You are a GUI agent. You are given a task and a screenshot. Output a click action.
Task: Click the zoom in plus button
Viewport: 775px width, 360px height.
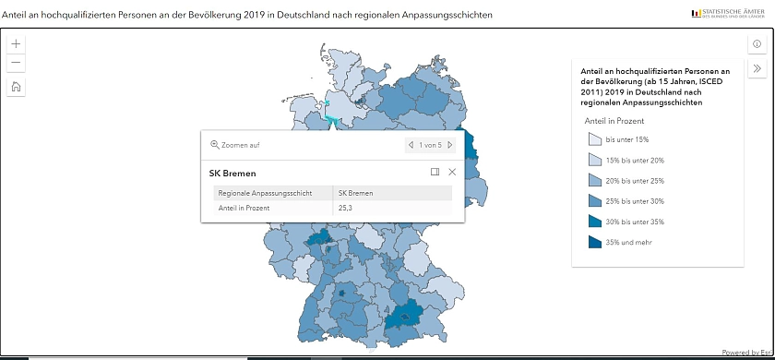pos(17,43)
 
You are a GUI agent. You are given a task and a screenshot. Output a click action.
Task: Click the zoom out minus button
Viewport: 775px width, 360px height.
pos(17,63)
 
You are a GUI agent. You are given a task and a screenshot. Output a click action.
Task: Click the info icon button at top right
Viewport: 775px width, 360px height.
pos(757,44)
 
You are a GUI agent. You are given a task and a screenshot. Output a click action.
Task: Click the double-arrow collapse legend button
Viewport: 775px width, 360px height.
pos(757,68)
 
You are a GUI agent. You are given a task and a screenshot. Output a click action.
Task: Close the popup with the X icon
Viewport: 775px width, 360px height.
pos(452,172)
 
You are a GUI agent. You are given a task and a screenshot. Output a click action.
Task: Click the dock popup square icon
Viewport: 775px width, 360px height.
pos(435,172)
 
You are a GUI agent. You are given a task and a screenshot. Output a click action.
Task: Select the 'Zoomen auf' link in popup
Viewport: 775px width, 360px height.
pos(235,145)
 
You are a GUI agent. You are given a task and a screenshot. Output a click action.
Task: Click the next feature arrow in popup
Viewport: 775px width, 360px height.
pos(450,145)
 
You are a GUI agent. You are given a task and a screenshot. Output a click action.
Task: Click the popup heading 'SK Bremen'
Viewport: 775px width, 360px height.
pos(232,173)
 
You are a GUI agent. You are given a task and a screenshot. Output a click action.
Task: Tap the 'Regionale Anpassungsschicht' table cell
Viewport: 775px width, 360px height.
pos(264,193)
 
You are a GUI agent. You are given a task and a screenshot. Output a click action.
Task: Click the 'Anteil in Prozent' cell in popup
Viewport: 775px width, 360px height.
pos(244,209)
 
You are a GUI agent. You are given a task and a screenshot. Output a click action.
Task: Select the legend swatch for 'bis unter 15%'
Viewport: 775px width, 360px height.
pos(594,139)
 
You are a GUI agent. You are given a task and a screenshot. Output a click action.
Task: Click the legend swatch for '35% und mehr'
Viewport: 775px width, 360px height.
pos(594,242)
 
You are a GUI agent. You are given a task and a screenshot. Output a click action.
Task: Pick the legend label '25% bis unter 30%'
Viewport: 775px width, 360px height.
pos(635,201)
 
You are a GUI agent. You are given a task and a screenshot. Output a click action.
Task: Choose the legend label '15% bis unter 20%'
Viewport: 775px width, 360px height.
pos(635,161)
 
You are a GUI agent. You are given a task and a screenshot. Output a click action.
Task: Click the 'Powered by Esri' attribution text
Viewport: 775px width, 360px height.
pos(746,353)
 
